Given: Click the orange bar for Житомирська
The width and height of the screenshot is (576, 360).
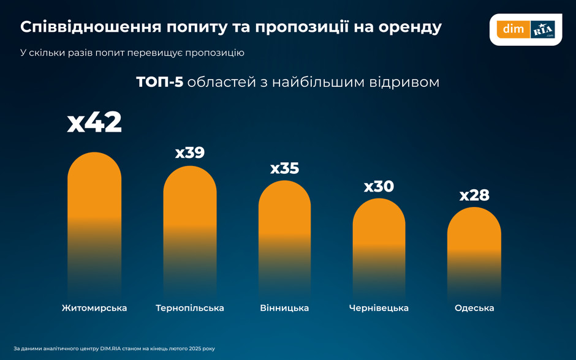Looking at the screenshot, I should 94,208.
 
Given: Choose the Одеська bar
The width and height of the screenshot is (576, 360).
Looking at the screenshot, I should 474,245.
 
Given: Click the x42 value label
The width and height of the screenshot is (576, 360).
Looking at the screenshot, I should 94,122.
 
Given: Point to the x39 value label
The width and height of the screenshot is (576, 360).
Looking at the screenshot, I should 190,152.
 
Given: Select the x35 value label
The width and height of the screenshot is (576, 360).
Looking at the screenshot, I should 284,168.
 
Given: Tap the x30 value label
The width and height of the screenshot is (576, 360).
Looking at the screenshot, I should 379,186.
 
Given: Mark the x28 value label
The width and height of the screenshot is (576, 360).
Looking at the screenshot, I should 474,195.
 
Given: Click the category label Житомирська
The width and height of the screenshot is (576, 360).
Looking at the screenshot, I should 94,308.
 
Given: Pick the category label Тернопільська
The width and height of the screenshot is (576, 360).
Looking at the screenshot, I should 190,308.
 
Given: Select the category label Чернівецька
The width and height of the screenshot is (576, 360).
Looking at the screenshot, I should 379,308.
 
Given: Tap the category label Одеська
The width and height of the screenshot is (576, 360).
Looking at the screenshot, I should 474,308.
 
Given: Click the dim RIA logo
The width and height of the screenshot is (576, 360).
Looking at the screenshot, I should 525,29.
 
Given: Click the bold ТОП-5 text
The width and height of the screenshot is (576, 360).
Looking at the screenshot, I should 159,82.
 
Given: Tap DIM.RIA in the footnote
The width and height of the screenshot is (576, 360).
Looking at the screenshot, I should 112,348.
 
